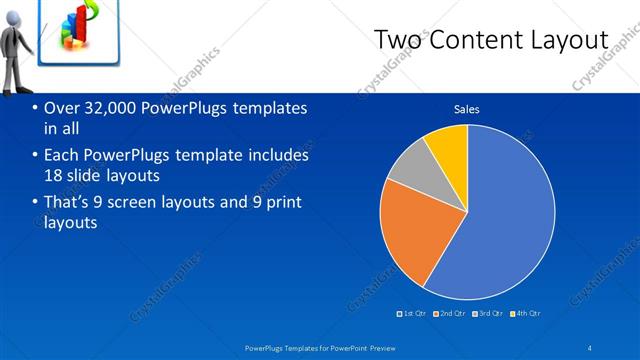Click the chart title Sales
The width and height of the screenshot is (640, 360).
coord(466,109)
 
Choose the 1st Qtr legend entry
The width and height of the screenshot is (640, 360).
coord(412,313)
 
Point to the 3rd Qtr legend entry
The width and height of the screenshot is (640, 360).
coord(487,313)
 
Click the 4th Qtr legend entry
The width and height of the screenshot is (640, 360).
coord(525,313)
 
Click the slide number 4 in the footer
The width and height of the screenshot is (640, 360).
coord(590,347)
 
